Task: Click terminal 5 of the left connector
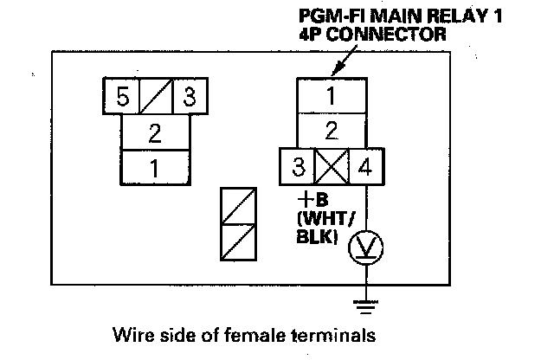click(x=123, y=96)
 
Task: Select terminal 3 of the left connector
click(x=189, y=96)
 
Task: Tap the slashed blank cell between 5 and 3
click(x=156, y=96)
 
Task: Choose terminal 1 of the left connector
click(x=156, y=166)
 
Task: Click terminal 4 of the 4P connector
click(x=365, y=166)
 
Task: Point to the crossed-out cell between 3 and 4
click(x=332, y=166)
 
